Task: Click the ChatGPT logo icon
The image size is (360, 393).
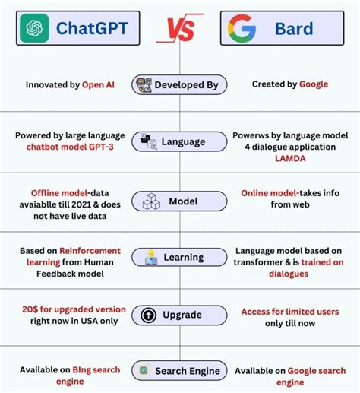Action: tap(33, 29)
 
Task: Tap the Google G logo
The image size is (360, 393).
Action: tap(242, 29)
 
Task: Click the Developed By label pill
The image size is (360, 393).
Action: tap(178, 84)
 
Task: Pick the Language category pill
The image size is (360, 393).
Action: tap(178, 141)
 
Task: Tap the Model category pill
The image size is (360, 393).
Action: tap(178, 201)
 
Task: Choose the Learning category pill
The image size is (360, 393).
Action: tap(178, 258)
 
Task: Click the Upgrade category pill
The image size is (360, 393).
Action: tap(178, 315)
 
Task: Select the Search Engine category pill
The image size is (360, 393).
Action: tap(178, 371)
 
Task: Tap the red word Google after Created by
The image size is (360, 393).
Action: tap(313, 84)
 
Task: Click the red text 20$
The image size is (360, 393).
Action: tap(30, 310)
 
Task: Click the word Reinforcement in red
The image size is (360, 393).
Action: tap(91, 250)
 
